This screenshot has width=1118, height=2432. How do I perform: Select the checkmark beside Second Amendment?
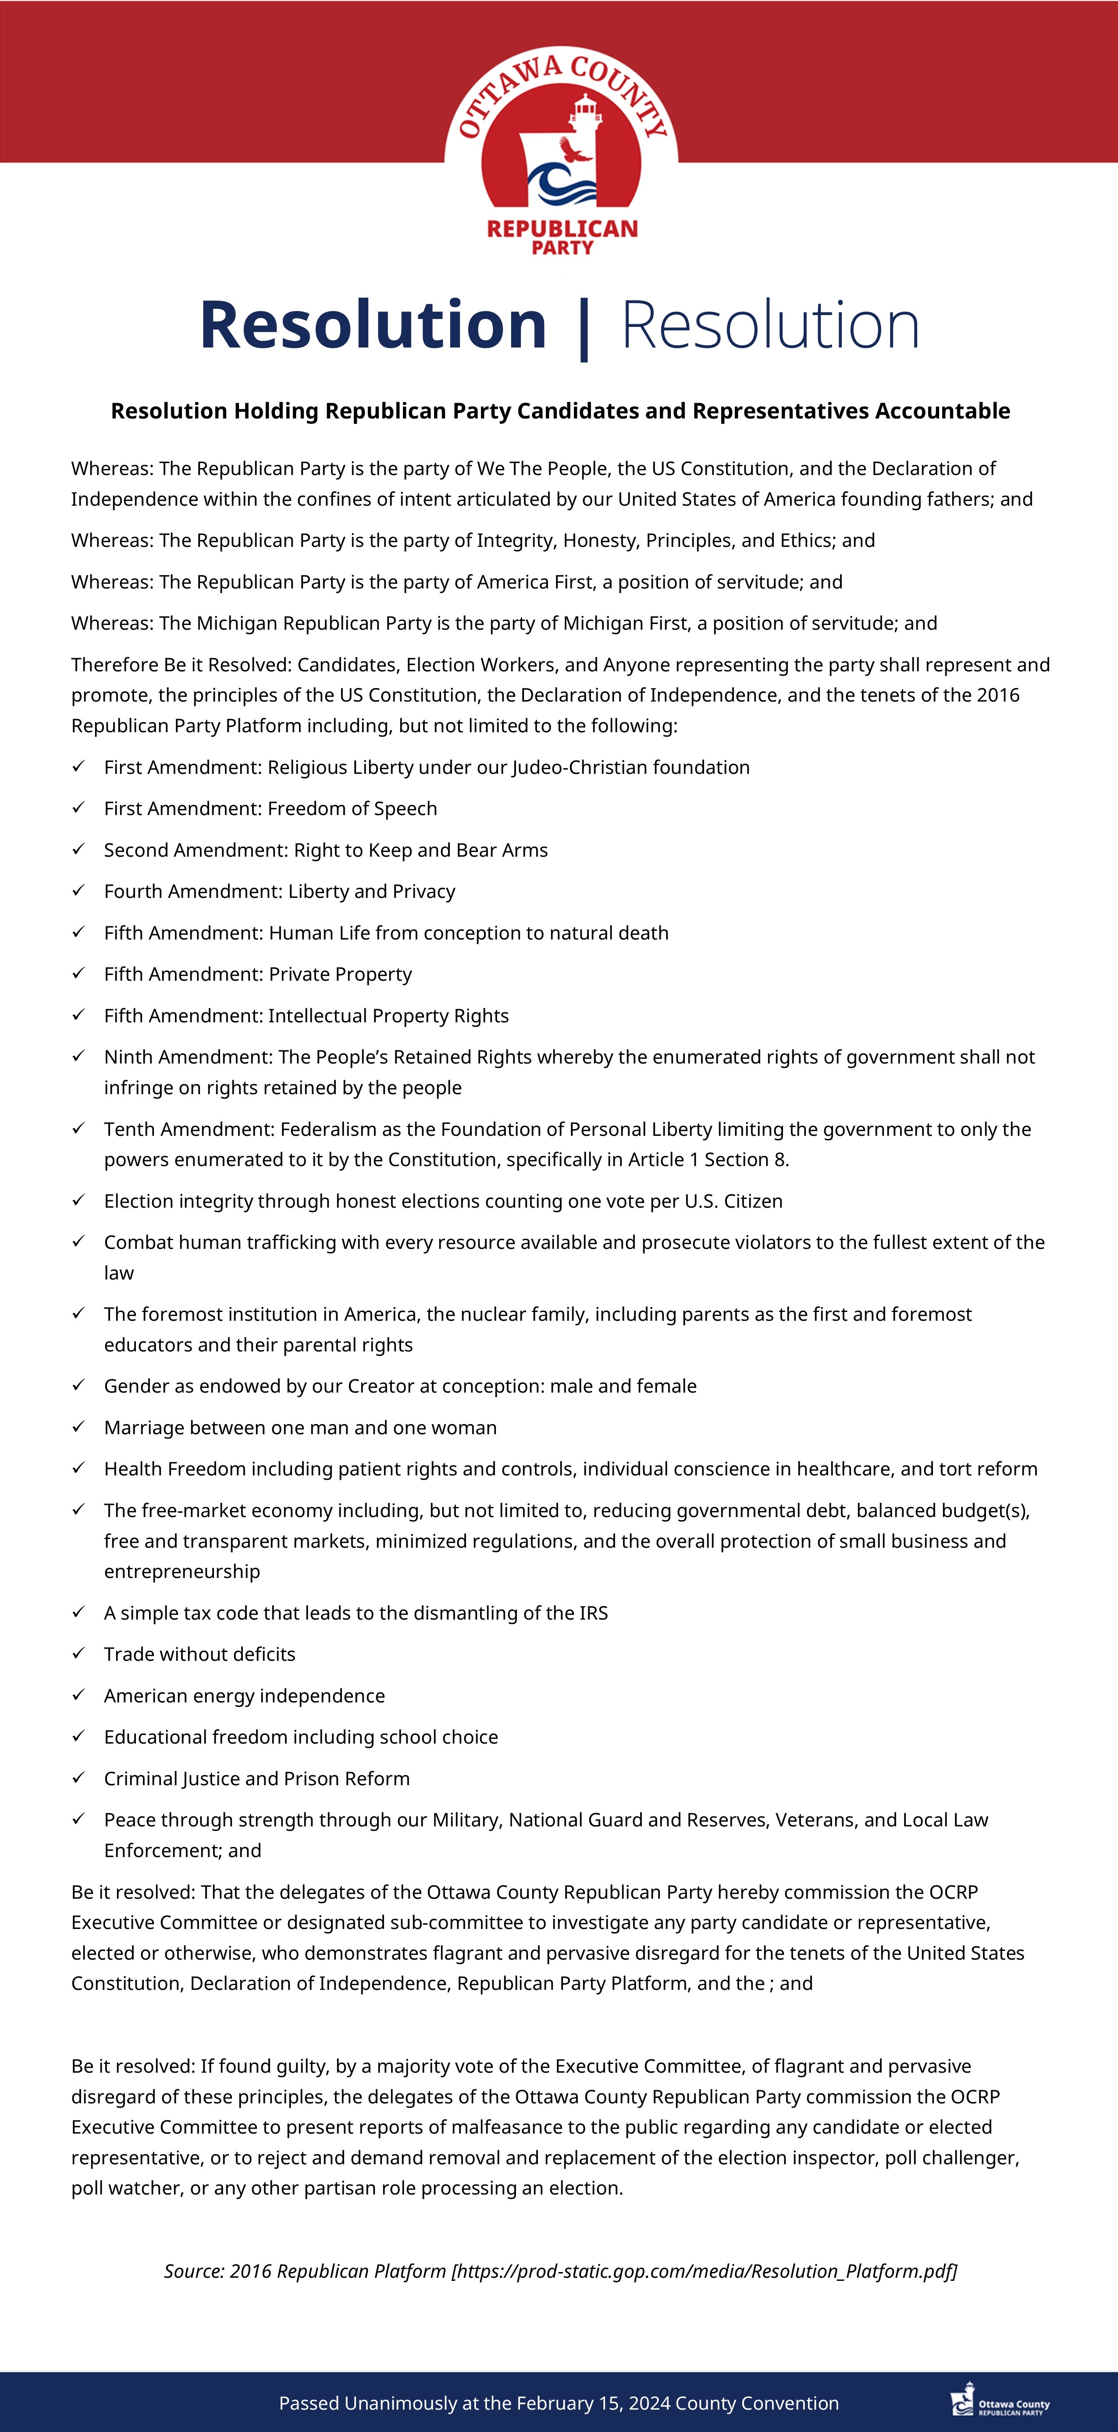click(x=79, y=850)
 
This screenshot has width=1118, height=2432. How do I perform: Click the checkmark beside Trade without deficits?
click(x=79, y=1654)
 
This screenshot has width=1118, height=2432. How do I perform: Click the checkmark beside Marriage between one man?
click(x=79, y=1428)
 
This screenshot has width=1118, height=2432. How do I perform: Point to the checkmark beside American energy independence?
click(x=79, y=1695)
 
